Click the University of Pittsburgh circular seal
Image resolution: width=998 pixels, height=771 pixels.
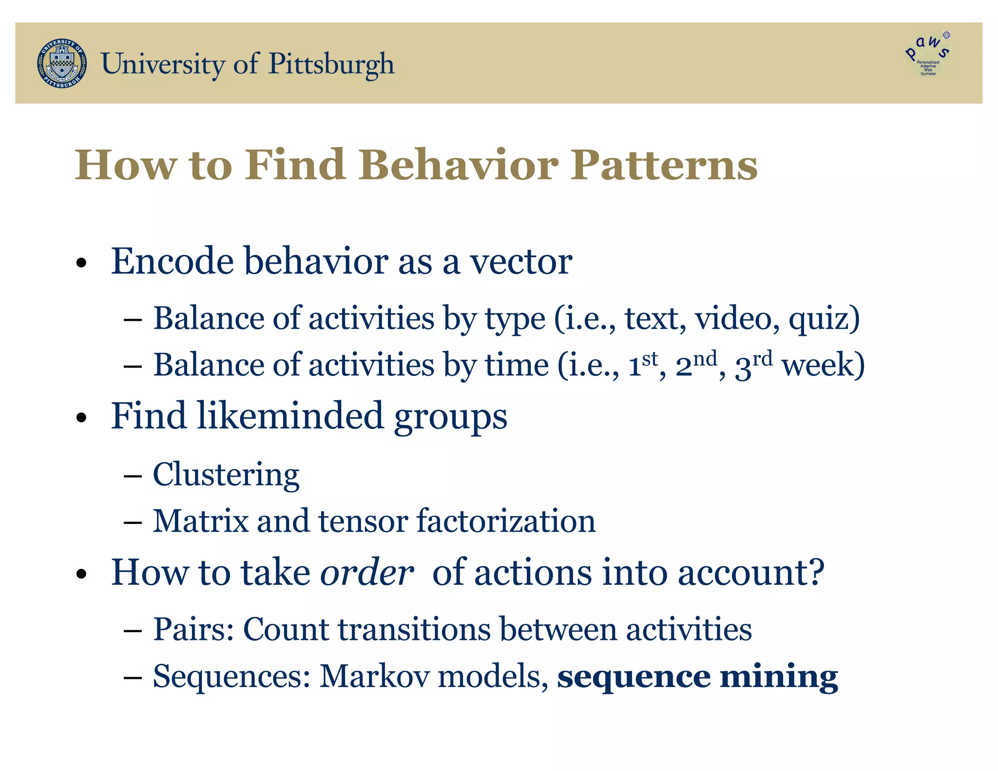(62, 64)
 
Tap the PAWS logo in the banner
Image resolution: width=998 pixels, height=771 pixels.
(928, 55)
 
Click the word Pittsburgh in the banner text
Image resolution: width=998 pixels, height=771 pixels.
(331, 64)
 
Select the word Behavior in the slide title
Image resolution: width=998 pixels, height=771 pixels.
(459, 165)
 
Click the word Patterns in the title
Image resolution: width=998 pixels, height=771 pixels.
(664, 165)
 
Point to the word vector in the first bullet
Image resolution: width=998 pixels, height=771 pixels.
(521, 262)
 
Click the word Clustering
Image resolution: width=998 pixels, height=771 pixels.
(226, 475)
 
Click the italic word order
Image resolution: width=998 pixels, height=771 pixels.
(366, 573)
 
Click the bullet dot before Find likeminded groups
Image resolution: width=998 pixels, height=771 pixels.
(81, 418)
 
